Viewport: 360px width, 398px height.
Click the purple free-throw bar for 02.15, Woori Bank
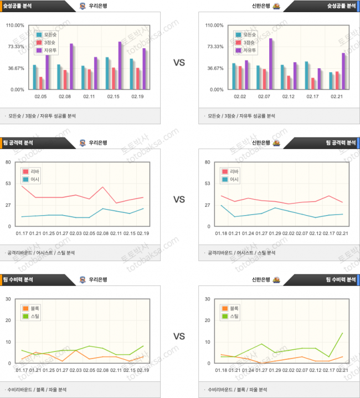[120, 65]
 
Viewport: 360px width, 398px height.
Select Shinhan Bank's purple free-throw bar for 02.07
[271, 64]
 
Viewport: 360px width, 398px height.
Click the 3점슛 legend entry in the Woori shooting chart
[46, 42]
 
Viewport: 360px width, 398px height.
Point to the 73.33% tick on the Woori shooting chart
[15, 47]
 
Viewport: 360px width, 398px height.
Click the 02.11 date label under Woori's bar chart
[89, 96]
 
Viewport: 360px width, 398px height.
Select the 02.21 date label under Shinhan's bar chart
[337, 96]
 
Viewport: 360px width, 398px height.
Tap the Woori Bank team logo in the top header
[83, 7]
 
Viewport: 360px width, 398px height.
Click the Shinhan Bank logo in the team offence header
[276, 142]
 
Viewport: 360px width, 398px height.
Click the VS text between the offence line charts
[179, 199]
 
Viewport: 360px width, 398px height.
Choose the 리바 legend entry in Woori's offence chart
[32, 171]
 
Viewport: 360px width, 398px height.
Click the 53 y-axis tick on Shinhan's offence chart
[208, 183]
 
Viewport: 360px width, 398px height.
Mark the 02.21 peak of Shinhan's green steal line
[342, 333]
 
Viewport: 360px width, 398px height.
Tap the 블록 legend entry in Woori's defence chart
[32, 308]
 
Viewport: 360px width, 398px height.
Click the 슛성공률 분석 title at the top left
[19, 7]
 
